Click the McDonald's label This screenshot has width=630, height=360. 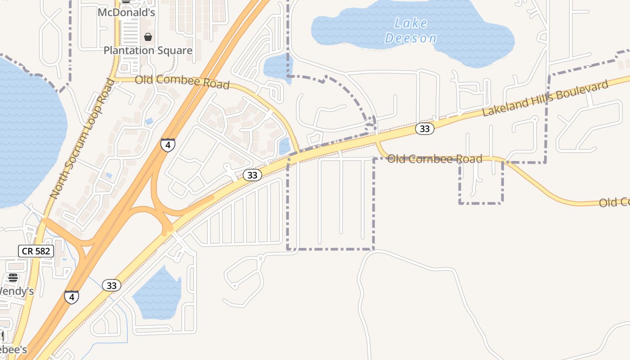(x=126, y=13)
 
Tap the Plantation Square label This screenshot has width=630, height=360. (x=148, y=50)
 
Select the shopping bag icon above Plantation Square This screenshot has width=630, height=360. (x=148, y=37)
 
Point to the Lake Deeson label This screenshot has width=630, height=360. (x=411, y=31)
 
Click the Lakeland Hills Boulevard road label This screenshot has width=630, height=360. (x=545, y=98)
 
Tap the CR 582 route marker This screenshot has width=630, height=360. (x=36, y=251)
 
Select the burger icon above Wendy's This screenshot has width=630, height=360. (x=13, y=277)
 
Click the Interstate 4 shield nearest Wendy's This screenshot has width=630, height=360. (x=71, y=297)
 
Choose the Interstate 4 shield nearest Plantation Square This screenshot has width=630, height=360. (x=167, y=145)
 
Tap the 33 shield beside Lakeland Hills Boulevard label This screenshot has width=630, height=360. (x=424, y=129)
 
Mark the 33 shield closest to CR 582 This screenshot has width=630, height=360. (x=112, y=285)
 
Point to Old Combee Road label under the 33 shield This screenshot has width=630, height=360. (x=434, y=158)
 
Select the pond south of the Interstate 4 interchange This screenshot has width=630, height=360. (x=157, y=295)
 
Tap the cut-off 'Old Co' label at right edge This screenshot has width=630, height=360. (x=614, y=202)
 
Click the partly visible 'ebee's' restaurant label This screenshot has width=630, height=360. (x=13, y=350)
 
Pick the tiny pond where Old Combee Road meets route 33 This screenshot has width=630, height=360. (x=284, y=146)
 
